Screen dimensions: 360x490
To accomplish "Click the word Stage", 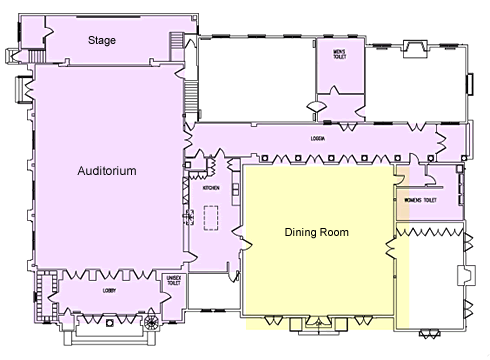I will point(102,41).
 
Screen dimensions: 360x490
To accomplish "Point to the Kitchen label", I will point(212,188).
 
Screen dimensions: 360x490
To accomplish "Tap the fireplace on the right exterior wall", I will point(465,273).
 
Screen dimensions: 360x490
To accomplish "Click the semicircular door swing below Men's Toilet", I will point(316,105).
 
